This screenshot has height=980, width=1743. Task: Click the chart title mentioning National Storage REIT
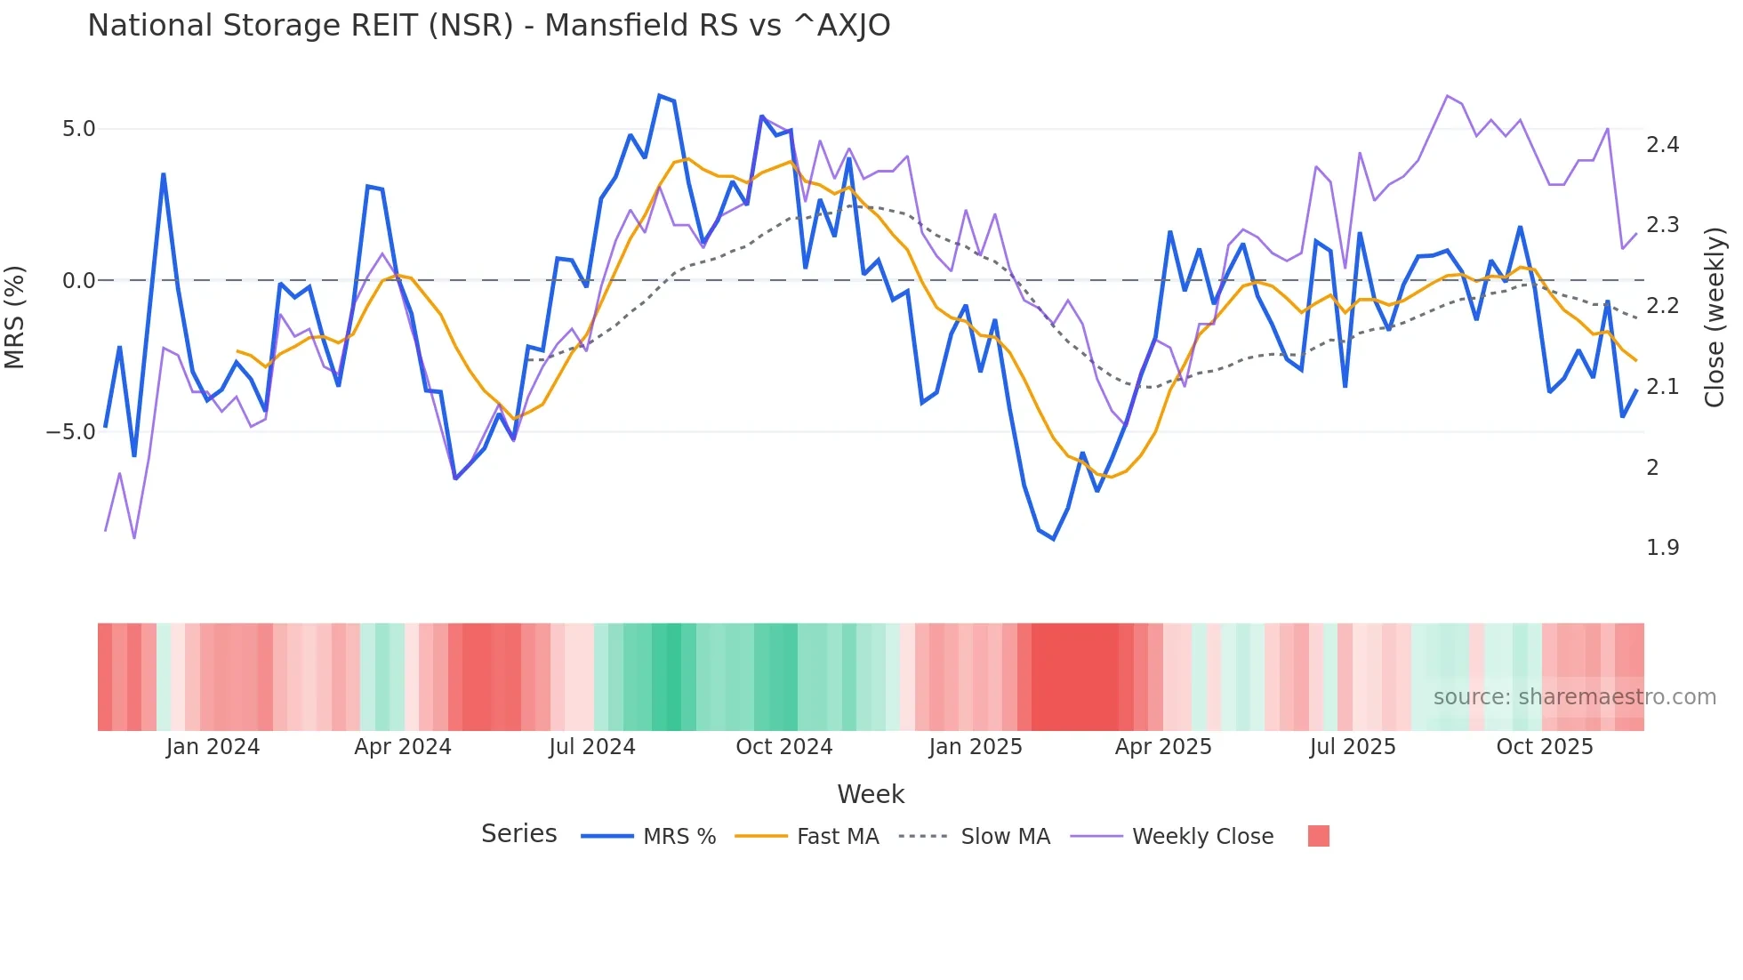tap(488, 26)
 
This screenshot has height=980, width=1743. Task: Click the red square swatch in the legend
tap(1318, 836)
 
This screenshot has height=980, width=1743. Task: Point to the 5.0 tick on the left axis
tap(78, 129)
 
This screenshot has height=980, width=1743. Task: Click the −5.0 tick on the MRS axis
tap(71, 432)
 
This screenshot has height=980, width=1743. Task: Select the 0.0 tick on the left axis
tap(78, 281)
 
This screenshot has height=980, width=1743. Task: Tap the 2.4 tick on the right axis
tap(1662, 145)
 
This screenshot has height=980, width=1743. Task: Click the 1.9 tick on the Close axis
tap(1662, 548)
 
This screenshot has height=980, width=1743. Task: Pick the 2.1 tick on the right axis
tap(1662, 387)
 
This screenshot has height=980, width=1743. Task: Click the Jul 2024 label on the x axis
tap(591, 747)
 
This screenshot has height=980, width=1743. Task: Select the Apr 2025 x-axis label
tap(1163, 747)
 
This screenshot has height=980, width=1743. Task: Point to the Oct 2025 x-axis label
tap(1544, 747)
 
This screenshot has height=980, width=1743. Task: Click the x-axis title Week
tap(871, 794)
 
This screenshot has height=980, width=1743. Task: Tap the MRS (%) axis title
tap(15, 317)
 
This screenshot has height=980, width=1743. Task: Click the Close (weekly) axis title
tap(1715, 317)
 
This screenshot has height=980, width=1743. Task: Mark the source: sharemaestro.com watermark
tap(1574, 697)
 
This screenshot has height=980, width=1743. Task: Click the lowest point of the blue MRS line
tap(1054, 539)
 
